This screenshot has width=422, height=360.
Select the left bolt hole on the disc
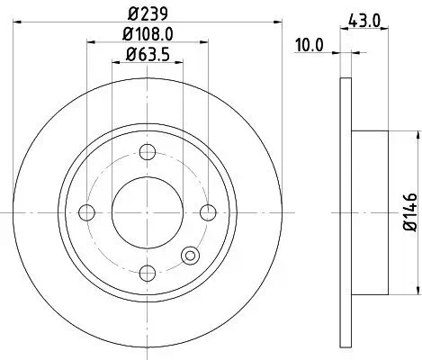pos(87,212)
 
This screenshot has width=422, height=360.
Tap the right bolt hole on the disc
pos(209,212)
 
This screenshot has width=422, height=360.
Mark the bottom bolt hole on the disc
pos(148,273)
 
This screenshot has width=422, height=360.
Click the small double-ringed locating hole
pos(190,256)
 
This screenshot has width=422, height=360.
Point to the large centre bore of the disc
pos(148,212)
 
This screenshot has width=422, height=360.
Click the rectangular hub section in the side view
pos(370,212)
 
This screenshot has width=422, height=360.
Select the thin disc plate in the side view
pos(345,212)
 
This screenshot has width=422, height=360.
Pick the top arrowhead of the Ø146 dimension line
pos(417,134)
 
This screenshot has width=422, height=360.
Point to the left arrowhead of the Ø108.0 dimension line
pos(90,41)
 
